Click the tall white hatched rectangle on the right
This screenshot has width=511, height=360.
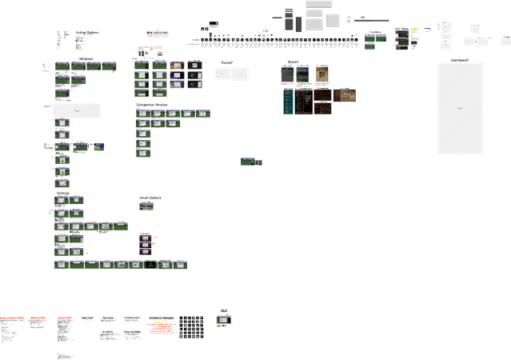point(459,108)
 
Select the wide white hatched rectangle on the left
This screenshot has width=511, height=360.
point(77,110)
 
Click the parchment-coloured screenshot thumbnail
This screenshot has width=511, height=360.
point(322,75)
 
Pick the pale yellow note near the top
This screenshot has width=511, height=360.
point(414,30)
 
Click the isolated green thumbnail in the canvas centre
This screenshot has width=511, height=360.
point(248,161)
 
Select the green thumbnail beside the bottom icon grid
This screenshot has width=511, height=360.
point(224,319)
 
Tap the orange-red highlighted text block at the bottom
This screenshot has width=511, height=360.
point(162,326)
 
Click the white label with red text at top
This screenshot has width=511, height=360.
point(158,34)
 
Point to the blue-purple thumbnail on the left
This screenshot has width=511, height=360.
point(98,146)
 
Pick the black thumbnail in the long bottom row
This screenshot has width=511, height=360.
point(150,264)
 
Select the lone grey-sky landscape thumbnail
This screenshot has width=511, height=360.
point(146,206)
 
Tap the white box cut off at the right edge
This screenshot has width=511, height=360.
point(505,39)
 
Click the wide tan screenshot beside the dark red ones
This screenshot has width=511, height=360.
point(345,96)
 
